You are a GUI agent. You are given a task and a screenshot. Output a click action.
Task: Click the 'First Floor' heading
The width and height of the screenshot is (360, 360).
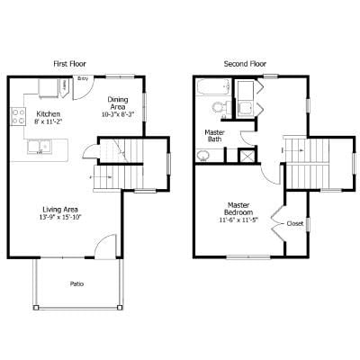pos(69,63)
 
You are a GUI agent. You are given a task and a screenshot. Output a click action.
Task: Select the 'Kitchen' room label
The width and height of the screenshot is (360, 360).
pos(48,113)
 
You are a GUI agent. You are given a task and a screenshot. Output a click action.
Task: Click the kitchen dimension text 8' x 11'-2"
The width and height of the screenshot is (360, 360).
pos(48,121)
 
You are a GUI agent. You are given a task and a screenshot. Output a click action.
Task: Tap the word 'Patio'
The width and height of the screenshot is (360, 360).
pos(77,283)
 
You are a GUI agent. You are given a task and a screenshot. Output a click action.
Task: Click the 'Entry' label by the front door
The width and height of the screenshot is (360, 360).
pos(83,79)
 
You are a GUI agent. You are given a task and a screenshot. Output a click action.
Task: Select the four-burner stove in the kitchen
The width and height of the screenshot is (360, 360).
pos(17,115)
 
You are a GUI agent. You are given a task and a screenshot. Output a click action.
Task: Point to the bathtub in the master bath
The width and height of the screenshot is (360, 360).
pos(212,89)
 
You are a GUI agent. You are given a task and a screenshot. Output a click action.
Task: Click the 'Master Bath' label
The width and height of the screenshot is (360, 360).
pos(214,136)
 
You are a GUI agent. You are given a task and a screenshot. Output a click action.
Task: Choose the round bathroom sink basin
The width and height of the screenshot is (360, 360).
pos(205,155)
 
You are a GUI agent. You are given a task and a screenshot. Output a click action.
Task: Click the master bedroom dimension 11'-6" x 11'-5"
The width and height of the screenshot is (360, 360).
pos(238,220)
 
